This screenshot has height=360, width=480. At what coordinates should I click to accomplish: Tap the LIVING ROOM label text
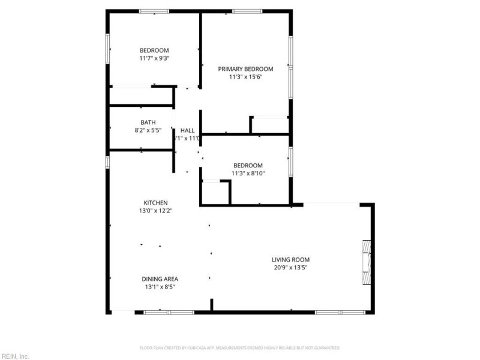click(x=290, y=260)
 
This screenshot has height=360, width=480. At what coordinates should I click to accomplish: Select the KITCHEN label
click(x=155, y=203)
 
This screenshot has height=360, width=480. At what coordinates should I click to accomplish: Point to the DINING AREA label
click(x=160, y=279)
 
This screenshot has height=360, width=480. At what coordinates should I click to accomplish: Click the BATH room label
click(x=148, y=122)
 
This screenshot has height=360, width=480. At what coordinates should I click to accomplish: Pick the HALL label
click(x=187, y=130)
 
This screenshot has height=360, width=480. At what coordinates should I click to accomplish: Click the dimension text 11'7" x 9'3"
click(x=154, y=59)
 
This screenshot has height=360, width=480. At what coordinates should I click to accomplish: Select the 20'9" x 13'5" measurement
click(x=290, y=268)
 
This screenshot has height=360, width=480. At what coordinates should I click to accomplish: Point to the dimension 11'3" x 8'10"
click(x=248, y=173)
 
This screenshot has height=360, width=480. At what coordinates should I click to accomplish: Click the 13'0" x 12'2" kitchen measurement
click(x=155, y=211)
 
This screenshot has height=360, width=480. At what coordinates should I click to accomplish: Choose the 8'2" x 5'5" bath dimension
click(x=148, y=130)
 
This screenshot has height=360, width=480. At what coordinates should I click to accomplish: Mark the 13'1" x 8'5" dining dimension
click(x=160, y=287)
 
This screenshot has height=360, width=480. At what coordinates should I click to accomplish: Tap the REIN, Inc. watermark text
click(x=14, y=356)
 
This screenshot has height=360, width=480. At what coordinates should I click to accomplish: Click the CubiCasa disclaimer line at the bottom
click(x=240, y=348)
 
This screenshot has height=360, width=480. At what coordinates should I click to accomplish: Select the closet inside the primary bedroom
click(x=270, y=125)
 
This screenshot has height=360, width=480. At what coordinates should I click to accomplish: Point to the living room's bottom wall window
click(x=340, y=312)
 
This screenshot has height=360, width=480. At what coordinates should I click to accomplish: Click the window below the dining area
click(x=169, y=312)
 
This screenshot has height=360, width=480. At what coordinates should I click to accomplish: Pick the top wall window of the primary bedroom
click(x=247, y=11)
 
